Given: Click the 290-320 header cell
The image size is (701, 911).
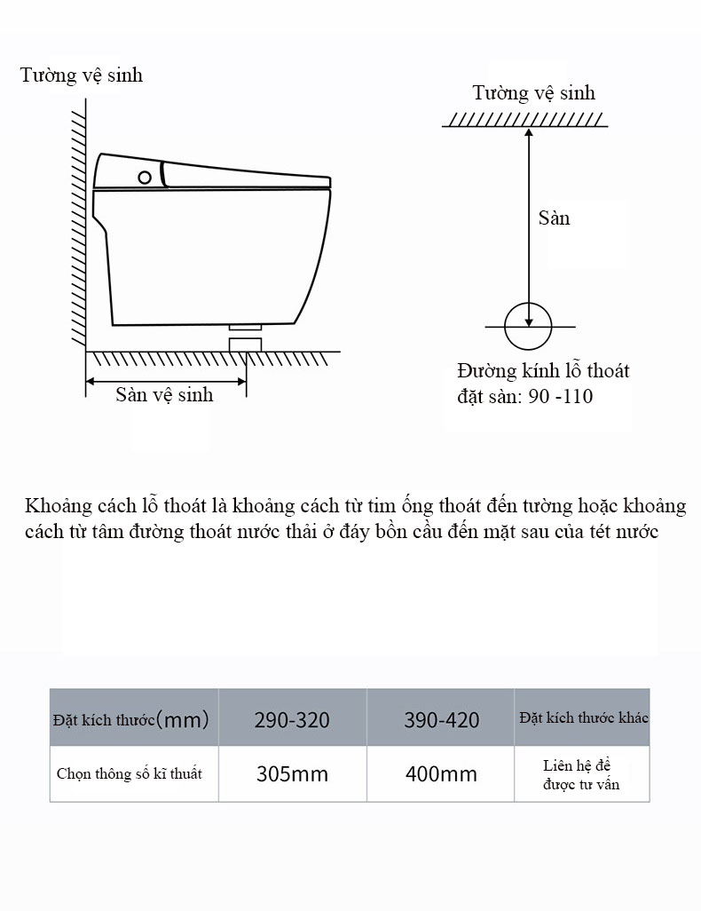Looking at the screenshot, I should click(292, 718).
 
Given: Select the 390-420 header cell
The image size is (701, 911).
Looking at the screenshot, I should click(441, 718).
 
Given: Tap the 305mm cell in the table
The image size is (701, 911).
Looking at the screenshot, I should click(292, 774).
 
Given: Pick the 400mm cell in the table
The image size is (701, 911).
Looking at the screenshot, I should click(441, 774).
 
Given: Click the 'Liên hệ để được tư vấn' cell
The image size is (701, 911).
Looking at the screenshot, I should click(582, 774).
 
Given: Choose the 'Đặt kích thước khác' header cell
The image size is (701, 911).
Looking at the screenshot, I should click(582, 717).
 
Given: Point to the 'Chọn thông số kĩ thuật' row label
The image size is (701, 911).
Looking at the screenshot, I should click(130, 774).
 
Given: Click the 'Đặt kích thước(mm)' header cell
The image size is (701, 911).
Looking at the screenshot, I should click(130, 718).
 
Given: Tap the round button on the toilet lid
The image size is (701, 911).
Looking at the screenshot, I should click(145, 178).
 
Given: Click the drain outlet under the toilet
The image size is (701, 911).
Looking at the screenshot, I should click(245, 340).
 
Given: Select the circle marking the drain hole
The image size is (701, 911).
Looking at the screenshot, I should click(528, 326).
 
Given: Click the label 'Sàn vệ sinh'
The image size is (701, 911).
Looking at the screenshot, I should click(164, 395).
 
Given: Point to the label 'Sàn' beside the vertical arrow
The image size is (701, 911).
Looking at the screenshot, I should click(554, 218).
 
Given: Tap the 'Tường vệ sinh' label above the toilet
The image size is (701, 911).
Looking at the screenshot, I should click(82, 75).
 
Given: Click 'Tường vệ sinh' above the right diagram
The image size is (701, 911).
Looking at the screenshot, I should click(534, 93).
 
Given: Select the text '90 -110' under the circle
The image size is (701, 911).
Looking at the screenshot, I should click(560, 397).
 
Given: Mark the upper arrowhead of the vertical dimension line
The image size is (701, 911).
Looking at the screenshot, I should click(528, 132).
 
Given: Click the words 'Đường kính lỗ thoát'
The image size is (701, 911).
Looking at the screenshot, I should click(543, 371).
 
